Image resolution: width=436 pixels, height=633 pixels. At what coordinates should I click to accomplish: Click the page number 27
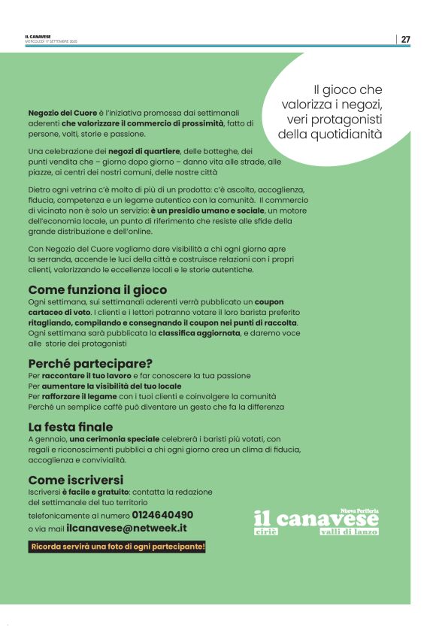point(405,40)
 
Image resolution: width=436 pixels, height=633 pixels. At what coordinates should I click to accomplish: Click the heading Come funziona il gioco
point(97,289)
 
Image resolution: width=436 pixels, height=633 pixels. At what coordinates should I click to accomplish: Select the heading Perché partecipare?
point(90,363)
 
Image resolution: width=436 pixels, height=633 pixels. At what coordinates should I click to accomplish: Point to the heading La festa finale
point(71,427)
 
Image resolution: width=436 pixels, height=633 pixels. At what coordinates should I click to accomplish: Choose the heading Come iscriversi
point(75,480)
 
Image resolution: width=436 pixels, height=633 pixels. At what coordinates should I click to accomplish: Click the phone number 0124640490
point(162,515)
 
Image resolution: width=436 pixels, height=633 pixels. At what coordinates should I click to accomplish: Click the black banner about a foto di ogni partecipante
point(117,547)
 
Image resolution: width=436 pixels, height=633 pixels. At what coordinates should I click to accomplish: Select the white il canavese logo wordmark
point(316,519)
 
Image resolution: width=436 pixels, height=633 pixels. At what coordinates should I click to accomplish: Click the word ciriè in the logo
point(265,532)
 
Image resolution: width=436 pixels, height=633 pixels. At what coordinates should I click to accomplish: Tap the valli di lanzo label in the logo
point(349,532)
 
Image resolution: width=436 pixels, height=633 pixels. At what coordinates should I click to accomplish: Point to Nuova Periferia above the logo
point(360,510)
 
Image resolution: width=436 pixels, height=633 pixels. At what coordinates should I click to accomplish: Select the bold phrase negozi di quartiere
point(149,151)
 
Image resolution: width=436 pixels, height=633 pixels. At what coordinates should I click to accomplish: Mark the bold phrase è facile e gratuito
point(95,492)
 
